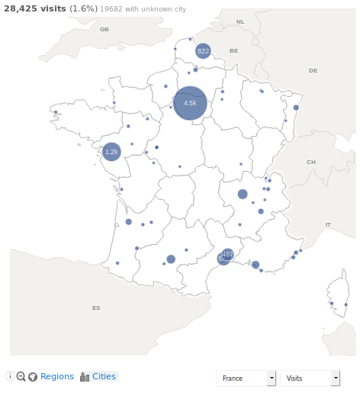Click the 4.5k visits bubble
point(190,103)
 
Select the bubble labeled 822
point(203,51)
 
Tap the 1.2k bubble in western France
point(111,153)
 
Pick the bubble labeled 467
point(227,254)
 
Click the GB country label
point(104,29)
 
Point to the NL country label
point(240,22)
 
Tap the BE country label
point(234,50)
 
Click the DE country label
point(313,70)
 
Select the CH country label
point(310,162)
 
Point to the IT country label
point(328,224)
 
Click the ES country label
point(96,308)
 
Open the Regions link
point(57,376)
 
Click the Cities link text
point(104,376)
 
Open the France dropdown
point(246,379)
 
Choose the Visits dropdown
point(310,379)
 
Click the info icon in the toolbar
point(10,376)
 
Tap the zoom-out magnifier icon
point(21,376)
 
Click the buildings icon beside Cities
point(85,376)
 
